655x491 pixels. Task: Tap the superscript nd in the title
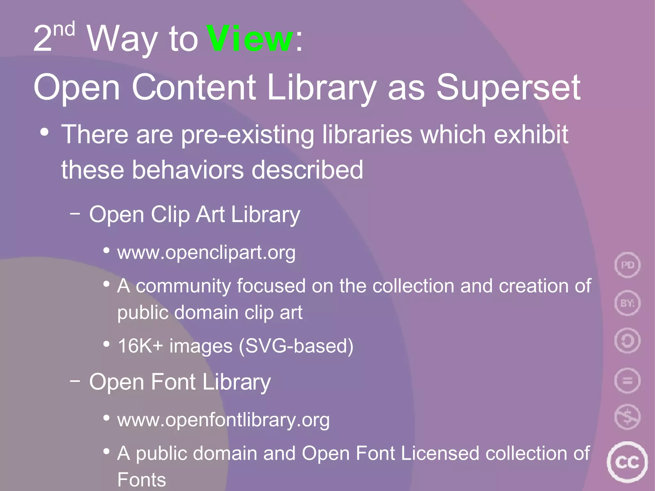64,29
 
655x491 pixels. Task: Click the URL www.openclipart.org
206,253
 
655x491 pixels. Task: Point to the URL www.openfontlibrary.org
223,420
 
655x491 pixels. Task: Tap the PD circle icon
627,265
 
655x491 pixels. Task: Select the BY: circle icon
627,303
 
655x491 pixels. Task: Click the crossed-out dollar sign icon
627,417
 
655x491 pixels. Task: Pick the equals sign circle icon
627,380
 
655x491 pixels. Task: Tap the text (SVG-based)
296,346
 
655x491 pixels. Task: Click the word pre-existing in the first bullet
248,135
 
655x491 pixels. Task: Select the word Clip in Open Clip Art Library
170,214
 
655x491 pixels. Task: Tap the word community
183,286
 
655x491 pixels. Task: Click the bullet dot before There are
44,132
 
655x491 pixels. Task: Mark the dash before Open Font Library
75,381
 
